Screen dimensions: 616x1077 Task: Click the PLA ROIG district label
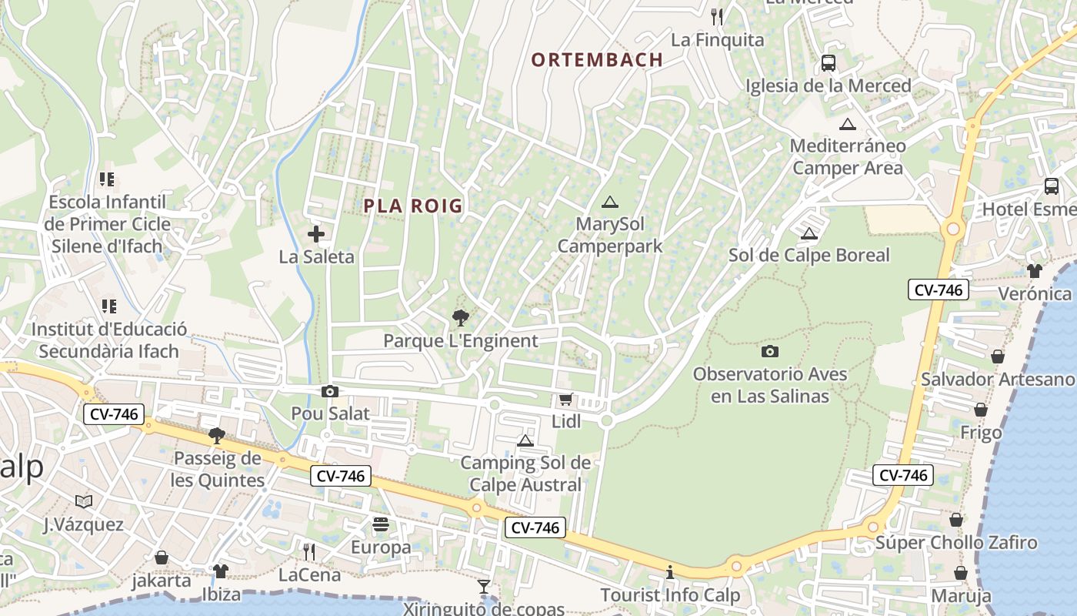[413, 206]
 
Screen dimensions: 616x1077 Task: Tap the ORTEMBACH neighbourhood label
[597, 59]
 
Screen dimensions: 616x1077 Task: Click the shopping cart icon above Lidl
[565, 399]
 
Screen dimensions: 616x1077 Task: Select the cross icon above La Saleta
[316, 234]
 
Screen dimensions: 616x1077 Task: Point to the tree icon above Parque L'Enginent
[460, 317]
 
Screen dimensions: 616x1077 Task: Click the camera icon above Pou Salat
[330, 391]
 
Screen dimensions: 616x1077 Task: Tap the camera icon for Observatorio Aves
[769, 351]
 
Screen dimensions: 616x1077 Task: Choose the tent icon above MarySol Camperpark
[610, 203]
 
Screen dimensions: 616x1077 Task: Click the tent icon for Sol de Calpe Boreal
[809, 233]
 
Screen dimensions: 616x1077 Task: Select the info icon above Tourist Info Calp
[670, 572]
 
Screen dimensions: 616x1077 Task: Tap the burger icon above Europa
[381, 525]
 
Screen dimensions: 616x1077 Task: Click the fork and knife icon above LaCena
[309, 551]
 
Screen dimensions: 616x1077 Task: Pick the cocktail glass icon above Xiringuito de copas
[484, 587]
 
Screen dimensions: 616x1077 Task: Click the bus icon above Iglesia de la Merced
[829, 63]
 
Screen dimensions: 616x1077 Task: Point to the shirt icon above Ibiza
[221, 571]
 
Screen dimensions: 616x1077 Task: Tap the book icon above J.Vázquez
[84, 502]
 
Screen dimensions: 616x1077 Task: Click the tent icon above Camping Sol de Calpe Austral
[525, 440]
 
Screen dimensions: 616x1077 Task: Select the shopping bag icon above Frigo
[981, 410]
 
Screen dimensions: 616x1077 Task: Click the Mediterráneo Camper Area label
[848, 156]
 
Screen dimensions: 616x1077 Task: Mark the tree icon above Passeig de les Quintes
[217, 436]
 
